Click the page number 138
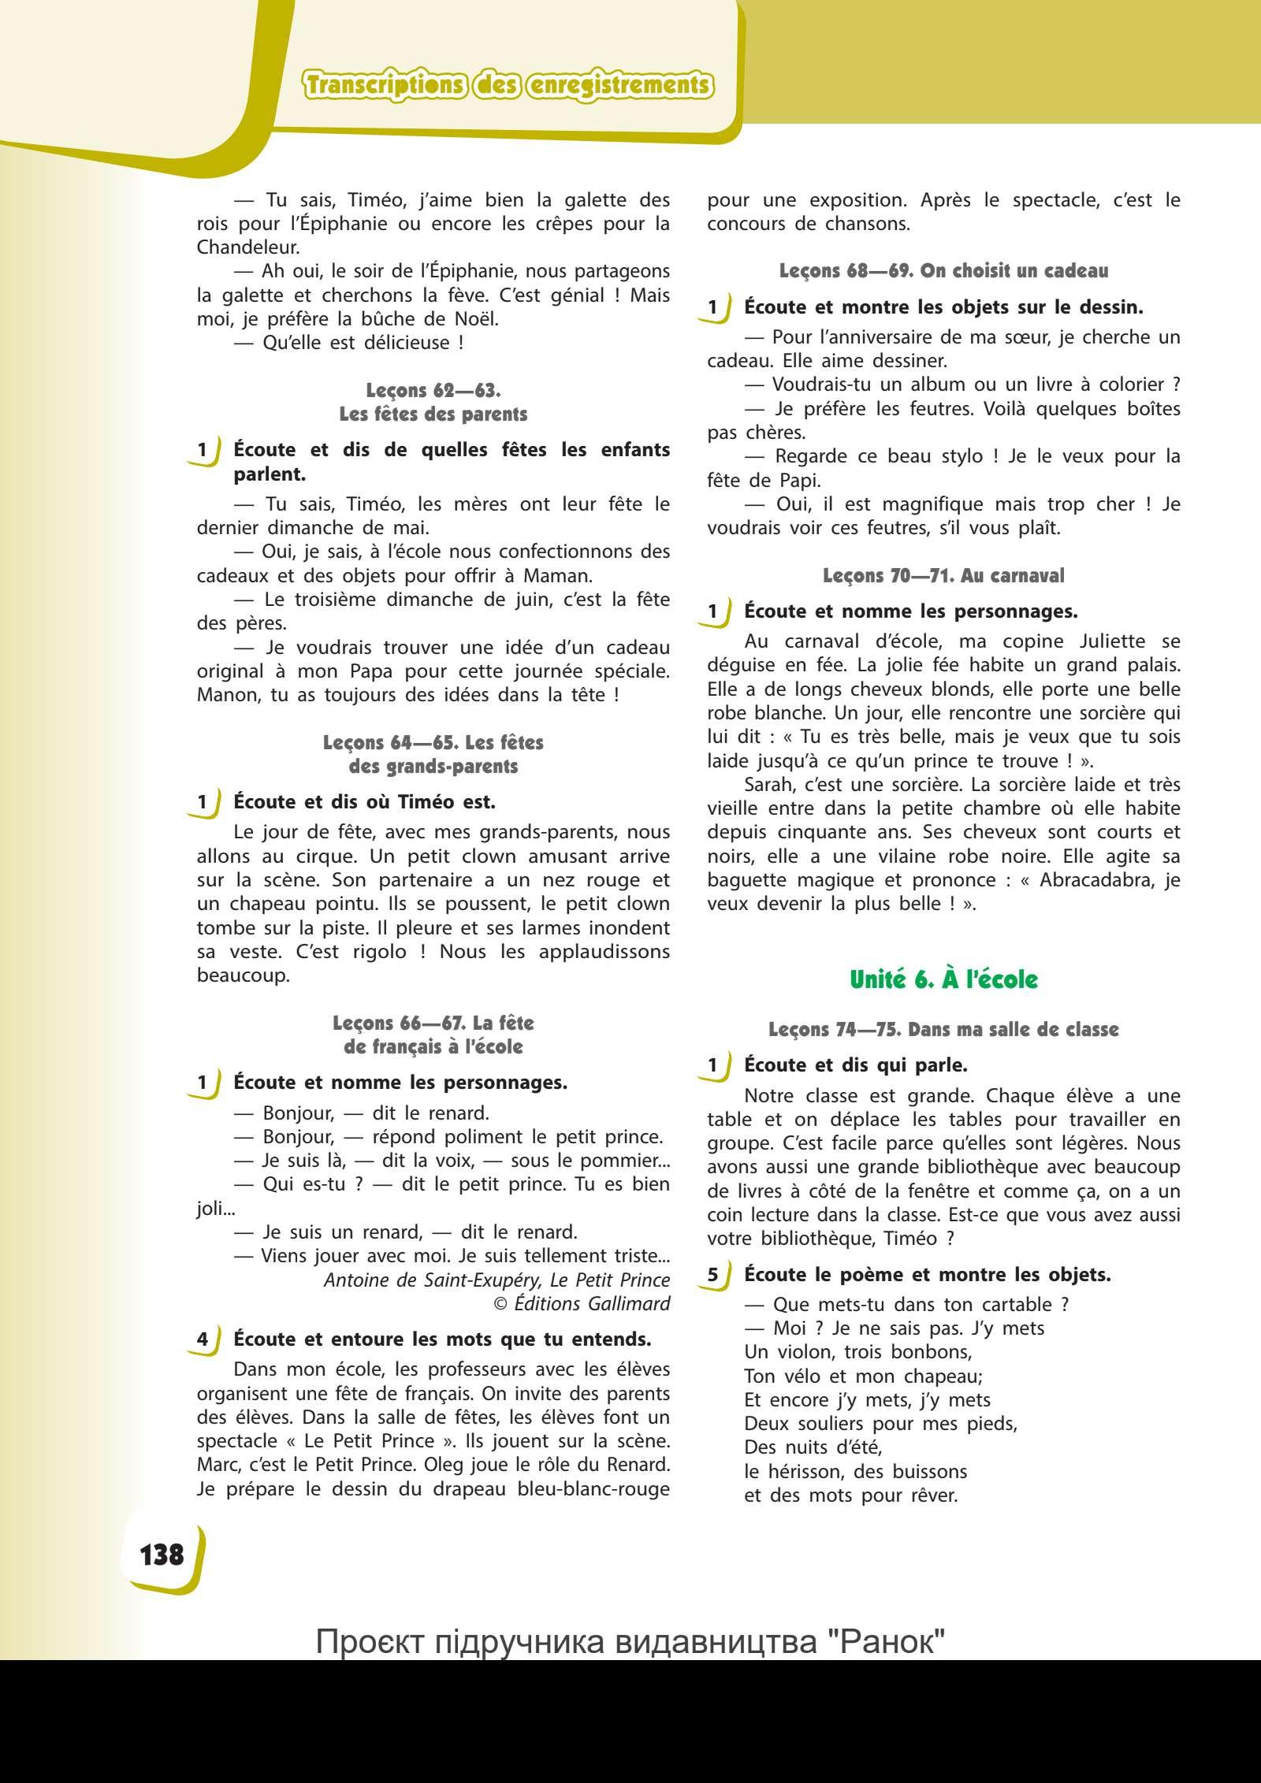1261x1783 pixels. coord(162,1554)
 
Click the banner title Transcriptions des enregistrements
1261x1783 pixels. coord(508,85)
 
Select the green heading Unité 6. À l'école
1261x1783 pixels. coord(943,979)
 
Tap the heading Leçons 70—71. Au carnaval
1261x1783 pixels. coord(943,576)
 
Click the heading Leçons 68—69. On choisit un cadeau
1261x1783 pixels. coord(943,271)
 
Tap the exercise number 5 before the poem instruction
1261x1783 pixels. coord(713,1275)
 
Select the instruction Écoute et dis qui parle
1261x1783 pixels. coord(855,1065)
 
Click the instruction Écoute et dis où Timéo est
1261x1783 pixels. coord(364,802)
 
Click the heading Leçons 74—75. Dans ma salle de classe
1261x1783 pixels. coord(943,1030)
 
